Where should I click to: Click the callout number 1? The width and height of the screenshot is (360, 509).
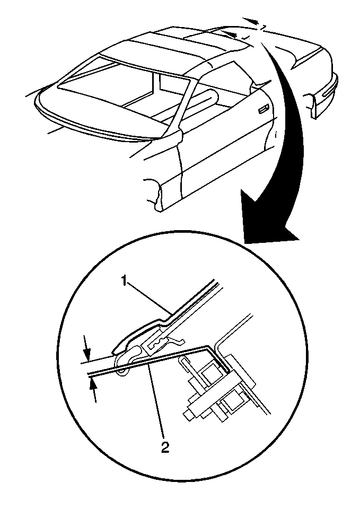124,281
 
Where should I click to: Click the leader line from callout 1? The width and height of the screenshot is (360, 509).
150,299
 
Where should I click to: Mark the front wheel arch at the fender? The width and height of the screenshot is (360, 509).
155,191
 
